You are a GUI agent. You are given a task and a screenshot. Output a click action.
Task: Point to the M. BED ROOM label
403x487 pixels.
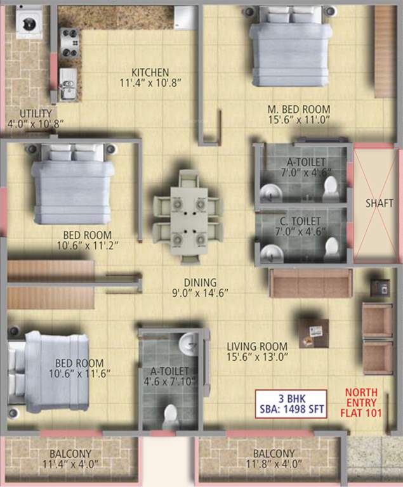tap(298, 110)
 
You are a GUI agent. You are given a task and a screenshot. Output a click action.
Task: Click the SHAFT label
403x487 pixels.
tap(379, 204)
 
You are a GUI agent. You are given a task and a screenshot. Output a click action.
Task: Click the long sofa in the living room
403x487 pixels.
tap(310, 283)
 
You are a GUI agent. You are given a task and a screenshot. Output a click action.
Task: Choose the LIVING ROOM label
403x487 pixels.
tap(257, 346)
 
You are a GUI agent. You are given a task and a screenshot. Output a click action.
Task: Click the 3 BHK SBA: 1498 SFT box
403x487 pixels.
tap(291, 403)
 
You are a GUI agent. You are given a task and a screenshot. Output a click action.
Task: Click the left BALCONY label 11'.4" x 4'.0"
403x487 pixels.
tap(70, 459)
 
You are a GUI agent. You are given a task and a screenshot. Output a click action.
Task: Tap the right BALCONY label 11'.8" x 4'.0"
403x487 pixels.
tap(274, 459)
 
